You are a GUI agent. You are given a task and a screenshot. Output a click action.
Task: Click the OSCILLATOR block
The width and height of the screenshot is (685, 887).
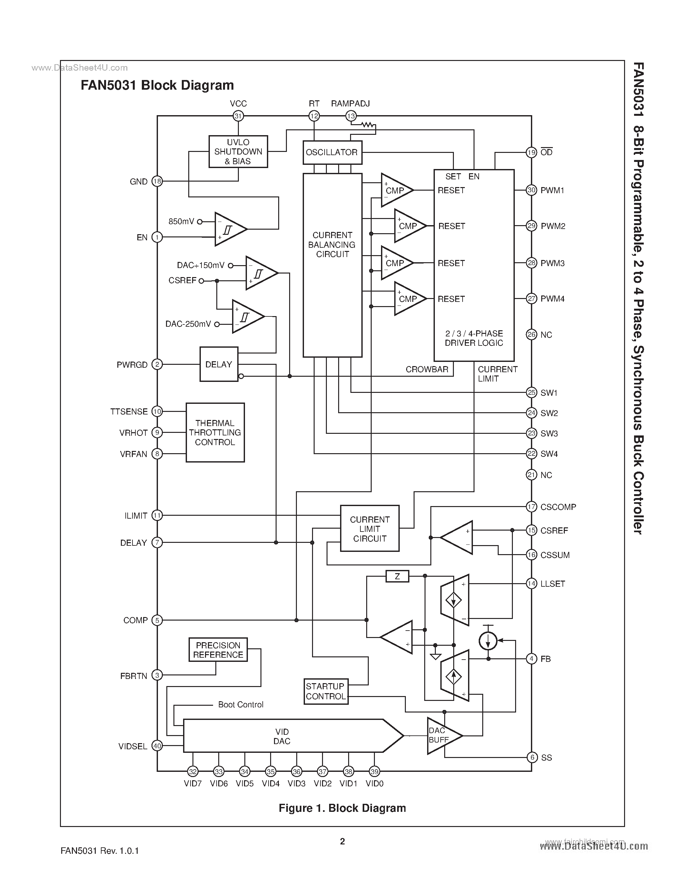click(x=332, y=152)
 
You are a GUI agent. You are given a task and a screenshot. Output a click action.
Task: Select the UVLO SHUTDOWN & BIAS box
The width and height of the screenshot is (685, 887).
click(x=238, y=152)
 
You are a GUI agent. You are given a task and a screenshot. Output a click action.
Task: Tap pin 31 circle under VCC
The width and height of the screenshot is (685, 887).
click(x=238, y=116)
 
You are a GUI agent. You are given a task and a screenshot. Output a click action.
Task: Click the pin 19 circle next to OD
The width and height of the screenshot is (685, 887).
click(x=531, y=152)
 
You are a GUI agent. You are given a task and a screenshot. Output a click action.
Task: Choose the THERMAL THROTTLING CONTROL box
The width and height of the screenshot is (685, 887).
click(x=215, y=433)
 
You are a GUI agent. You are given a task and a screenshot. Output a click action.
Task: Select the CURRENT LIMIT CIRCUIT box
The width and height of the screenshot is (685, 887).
click(x=369, y=529)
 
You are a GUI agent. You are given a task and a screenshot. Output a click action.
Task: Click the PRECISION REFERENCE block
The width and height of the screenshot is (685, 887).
click(x=218, y=650)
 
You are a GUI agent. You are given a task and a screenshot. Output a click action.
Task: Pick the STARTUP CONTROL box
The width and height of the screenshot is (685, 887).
click(x=326, y=691)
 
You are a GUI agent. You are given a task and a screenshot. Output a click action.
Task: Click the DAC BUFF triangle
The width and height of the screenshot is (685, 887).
click(x=442, y=735)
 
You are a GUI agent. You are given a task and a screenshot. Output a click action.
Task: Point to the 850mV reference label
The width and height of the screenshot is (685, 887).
click(x=181, y=222)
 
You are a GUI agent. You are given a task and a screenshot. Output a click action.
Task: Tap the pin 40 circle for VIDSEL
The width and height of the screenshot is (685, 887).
click(x=157, y=746)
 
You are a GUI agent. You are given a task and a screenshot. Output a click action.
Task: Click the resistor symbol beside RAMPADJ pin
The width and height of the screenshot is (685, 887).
click(x=368, y=125)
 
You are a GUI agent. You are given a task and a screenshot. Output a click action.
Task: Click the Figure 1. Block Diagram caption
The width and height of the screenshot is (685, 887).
click(x=342, y=808)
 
